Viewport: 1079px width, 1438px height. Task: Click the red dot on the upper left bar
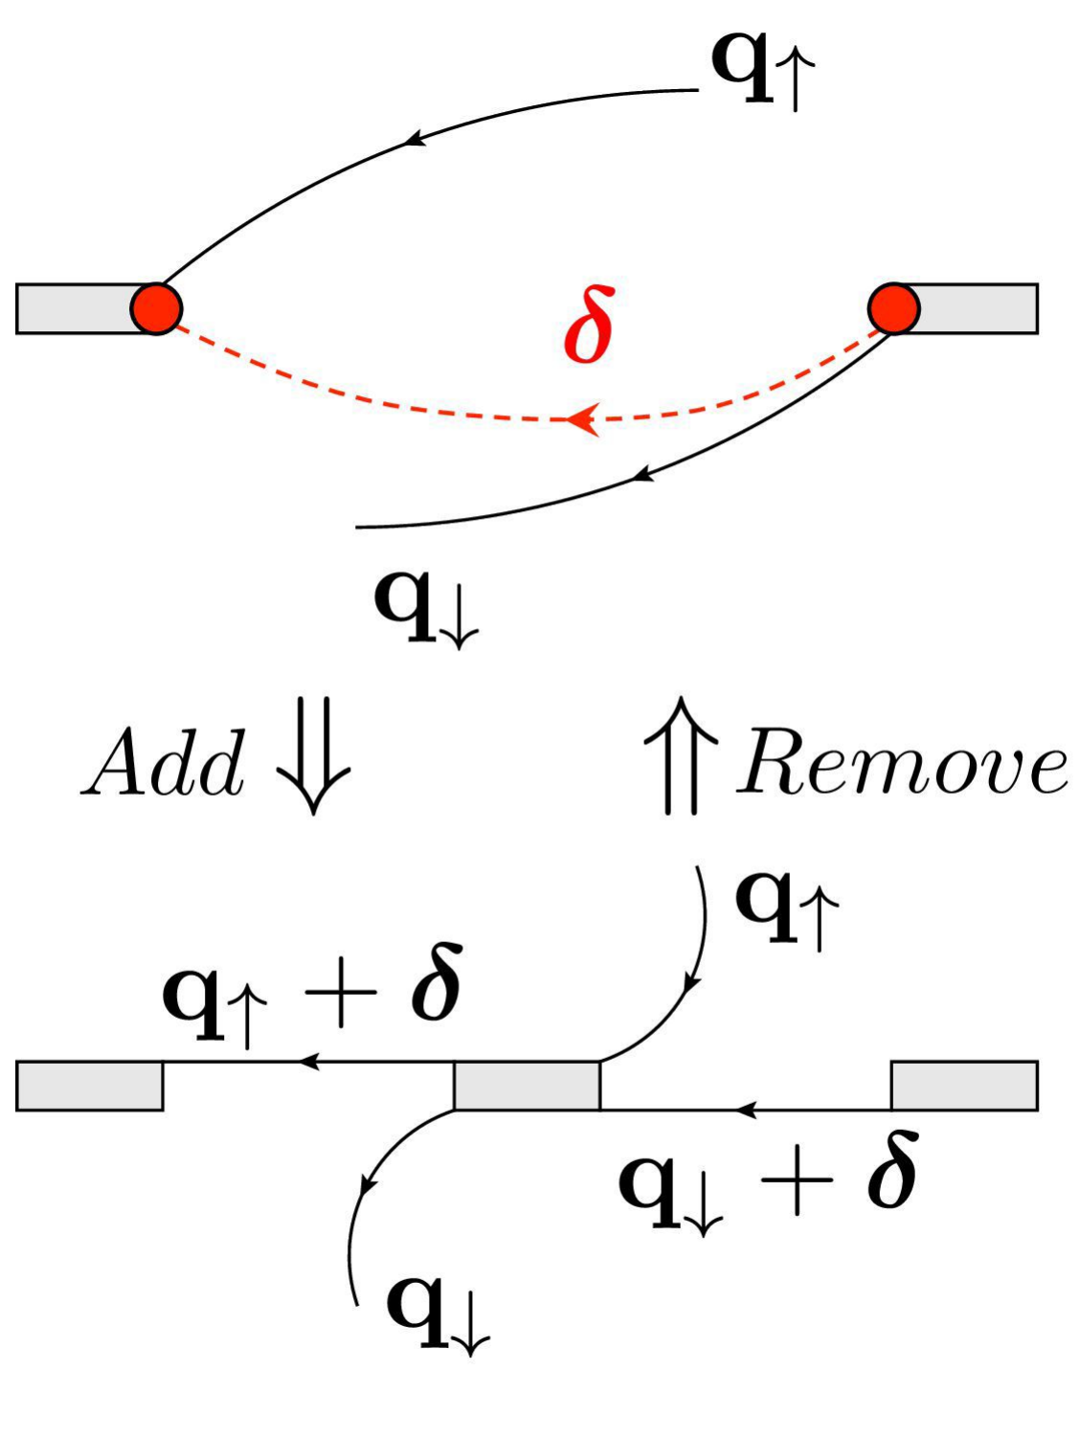click(x=156, y=308)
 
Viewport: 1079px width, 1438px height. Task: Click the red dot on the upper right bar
click(x=893, y=308)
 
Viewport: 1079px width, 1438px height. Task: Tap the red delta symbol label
click(x=587, y=326)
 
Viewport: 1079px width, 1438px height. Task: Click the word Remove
click(x=900, y=766)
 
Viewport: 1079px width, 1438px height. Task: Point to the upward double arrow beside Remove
click(x=681, y=756)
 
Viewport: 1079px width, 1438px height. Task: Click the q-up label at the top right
click(x=762, y=69)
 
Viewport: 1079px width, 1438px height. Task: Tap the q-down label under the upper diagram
click(x=425, y=606)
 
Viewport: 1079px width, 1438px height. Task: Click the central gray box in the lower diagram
click(x=527, y=1086)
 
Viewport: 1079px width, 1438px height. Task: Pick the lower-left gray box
click(x=89, y=1086)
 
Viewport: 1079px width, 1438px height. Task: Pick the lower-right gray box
click(x=964, y=1086)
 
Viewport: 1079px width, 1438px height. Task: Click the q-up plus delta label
click(x=312, y=996)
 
